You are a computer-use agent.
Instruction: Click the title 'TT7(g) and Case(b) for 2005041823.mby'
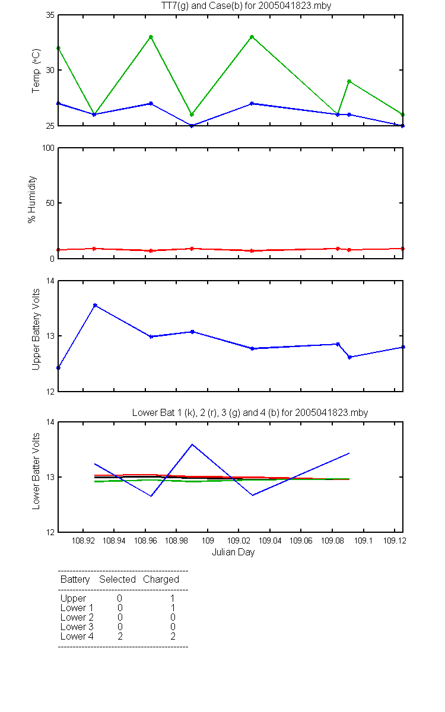pyautogui.click(x=246, y=6)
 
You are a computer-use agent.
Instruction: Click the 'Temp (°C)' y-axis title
pyautogui.click(x=36, y=71)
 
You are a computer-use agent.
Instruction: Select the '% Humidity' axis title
pyautogui.click(x=32, y=199)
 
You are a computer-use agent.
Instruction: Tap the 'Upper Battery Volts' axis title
pyautogui.click(x=36, y=329)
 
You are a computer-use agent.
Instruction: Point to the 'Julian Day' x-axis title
pyautogui.click(x=233, y=552)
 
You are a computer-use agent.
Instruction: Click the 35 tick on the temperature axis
pyautogui.click(x=50, y=15)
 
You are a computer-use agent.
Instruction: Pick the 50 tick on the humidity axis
pyautogui.click(x=50, y=203)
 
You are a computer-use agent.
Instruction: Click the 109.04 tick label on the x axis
pyautogui.click(x=270, y=541)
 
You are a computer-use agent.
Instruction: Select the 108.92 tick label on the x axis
pyautogui.click(x=83, y=541)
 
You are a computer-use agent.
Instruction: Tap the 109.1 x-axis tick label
pyautogui.click(x=363, y=541)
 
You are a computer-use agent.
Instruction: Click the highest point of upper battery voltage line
pyautogui.click(x=95, y=305)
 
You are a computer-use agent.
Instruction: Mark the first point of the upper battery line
pyautogui.click(x=59, y=368)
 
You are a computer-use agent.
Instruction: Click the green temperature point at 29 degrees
pyautogui.click(x=349, y=81)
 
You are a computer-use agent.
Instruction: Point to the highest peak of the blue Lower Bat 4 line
pyautogui.click(x=192, y=444)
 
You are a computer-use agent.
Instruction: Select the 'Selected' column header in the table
pyautogui.click(x=117, y=579)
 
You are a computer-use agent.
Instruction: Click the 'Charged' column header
pyautogui.click(x=161, y=580)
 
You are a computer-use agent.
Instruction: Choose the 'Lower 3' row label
pyautogui.click(x=77, y=627)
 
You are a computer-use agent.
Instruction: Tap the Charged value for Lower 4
pyautogui.click(x=173, y=636)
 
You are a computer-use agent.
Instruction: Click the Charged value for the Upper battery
pyautogui.click(x=173, y=598)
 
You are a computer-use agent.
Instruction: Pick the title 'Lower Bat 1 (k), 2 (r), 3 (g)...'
pyautogui.click(x=250, y=412)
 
